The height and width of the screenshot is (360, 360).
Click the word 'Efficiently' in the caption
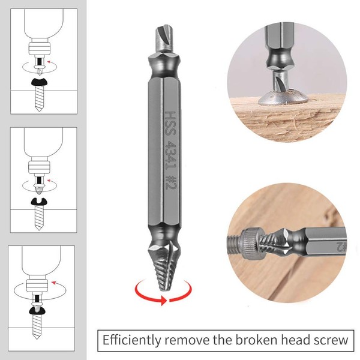(x=131, y=340)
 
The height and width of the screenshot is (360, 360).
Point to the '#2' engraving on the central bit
(x=171, y=182)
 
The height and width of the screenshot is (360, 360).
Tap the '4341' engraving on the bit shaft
(x=171, y=155)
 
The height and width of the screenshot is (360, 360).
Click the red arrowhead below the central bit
(x=163, y=300)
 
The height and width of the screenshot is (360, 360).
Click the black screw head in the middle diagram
(x=39, y=202)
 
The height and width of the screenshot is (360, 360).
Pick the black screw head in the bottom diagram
(x=37, y=310)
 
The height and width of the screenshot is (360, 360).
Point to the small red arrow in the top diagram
(x=49, y=62)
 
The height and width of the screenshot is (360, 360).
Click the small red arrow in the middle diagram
(x=49, y=181)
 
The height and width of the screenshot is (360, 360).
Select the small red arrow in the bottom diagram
(x=54, y=283)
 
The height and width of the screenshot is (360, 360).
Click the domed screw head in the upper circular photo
(x=283, y=97)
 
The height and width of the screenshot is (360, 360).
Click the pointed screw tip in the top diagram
(x=39, y=109)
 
